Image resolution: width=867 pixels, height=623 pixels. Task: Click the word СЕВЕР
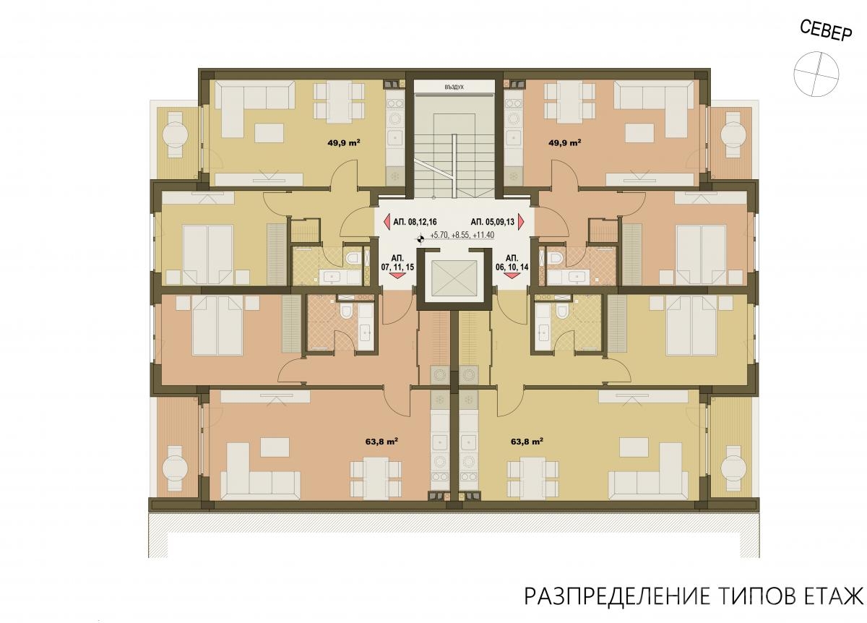click(x=826, y=30)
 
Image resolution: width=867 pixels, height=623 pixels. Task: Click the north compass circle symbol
click(x=816, y=74)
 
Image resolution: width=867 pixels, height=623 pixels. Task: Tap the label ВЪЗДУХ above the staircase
click(x=454, y=87)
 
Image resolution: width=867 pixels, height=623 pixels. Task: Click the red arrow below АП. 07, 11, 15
click(x=397, y=275)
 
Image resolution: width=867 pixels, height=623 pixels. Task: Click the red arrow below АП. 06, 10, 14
click(x=512, y=275)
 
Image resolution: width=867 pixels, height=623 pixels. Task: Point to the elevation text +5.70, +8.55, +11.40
click(x=462, y=235)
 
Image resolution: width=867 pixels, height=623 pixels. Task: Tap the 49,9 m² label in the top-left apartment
click(x=344, y=142)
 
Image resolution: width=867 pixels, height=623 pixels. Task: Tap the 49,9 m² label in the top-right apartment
click(x=565, y=142)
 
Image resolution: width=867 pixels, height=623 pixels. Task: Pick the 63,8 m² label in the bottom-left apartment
click(x=381, y=442)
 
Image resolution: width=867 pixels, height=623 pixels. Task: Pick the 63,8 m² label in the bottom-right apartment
click(x=527, y=442)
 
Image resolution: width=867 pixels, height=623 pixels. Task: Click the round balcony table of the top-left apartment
click(x=175, y=134)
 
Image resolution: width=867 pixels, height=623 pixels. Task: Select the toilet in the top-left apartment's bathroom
click(x=353, y=258)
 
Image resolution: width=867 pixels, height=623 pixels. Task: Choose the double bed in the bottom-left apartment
click(x=217, y=326)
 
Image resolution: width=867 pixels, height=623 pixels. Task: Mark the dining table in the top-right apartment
click(x=569, y=99)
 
